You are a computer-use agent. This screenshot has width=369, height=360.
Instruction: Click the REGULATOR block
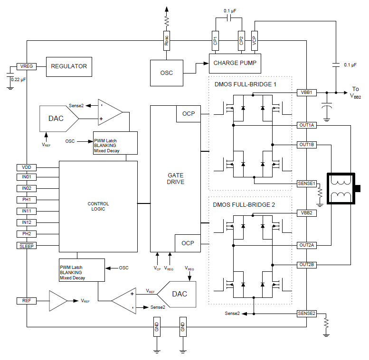pyautogui.click(x=69, y=66)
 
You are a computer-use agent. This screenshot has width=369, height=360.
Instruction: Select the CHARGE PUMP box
pyautogui.click(x=235, y=63)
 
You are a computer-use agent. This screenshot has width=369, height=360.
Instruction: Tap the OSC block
pyautogui.click(x=166, y=73)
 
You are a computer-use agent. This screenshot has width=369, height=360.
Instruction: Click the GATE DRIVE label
pyautogui.click(x=176, y=178)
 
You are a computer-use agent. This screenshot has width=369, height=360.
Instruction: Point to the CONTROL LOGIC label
pyautogui.click(x=98, y=206)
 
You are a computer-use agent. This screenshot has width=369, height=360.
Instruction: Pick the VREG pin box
pyautogui.click(x=26, y=66)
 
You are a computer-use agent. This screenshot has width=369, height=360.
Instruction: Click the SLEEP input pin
pyautogui.click(x=26, y=246)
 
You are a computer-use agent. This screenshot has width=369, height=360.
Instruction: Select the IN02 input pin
pyautogui.click(x=26, y=188)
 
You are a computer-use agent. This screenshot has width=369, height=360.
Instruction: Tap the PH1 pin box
pyautogui.click(x=26, y=200)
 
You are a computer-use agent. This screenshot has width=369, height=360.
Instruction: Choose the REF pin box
pyautogui.click(x=26, y=301)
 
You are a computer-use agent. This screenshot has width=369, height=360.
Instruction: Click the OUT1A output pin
pyautogui.click(x=306, y=125)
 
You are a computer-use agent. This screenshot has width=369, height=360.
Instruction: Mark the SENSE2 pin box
pyautogui.click(x=306, y=314)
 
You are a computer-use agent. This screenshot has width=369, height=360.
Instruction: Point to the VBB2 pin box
pyautogui.click(x=306, y=213)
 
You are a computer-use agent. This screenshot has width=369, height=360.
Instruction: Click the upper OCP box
pyautogui.click(x=188, y=113)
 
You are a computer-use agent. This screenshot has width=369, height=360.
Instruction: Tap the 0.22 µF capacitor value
pyautogui.click(x=19, y=79)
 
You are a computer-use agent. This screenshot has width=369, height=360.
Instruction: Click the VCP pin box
pyautogui.click(x=255, y=41)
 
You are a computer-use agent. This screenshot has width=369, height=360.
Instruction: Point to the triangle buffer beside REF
pyautogui.click(x=58, y=301)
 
